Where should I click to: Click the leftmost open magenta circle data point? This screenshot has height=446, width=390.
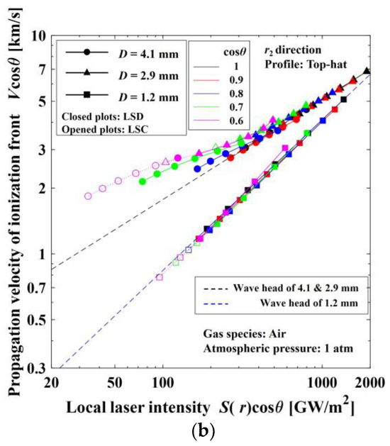(x=88, y=196)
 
